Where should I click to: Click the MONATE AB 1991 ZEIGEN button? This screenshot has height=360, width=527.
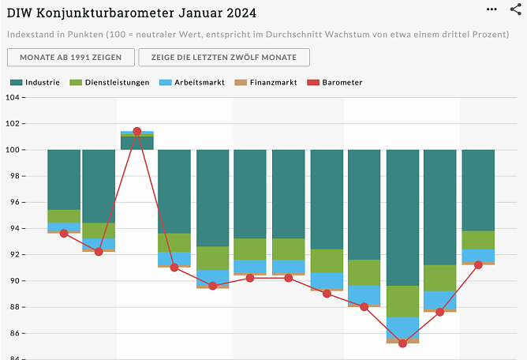point(69,57)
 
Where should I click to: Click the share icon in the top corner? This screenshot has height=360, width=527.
point(516,9)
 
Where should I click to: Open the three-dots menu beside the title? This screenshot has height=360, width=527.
point(492,9)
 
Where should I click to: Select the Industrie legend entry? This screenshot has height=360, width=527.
point(36,82)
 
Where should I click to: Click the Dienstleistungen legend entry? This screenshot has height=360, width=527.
point(110,82)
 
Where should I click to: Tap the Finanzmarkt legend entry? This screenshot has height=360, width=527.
point(266,82)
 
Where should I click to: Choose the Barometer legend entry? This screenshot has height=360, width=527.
point(336,82)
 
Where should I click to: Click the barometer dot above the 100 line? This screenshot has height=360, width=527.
point(137,131)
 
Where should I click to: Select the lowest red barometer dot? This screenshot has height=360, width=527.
point(402,343)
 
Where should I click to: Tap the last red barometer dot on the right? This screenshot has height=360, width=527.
point(478,264)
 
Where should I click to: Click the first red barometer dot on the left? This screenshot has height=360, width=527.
point(64,233)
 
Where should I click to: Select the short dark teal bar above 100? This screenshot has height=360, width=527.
point(137,143)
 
